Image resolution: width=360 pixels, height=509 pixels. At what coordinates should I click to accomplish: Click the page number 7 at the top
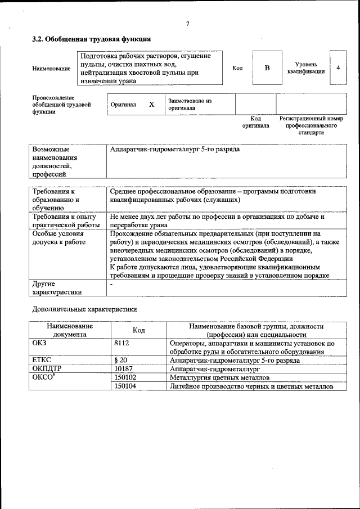(187, 24)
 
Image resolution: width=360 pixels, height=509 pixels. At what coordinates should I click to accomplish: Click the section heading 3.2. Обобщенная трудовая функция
(91, 39)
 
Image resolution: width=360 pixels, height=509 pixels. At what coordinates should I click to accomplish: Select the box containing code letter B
(267, 68)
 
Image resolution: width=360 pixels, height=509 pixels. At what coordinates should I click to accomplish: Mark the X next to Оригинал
(151, 105)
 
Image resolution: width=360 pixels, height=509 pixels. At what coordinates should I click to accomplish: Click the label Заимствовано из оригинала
(190, 105)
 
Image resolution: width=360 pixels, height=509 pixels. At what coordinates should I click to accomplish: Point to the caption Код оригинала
(255, 122)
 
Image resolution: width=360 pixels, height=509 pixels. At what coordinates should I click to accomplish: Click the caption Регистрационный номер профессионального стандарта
(311, 126)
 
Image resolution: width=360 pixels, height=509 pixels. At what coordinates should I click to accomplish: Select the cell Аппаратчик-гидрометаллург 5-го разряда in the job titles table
(175, 150)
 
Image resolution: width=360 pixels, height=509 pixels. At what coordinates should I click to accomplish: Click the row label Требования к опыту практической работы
(64, 220)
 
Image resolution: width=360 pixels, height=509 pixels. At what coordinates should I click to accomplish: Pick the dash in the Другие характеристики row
(112, 285)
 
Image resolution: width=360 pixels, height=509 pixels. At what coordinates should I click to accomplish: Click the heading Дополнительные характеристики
(84, 309)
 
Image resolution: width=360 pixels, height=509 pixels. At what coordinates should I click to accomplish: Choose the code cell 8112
(121, 343)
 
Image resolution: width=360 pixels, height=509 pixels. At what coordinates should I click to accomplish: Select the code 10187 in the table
(123, 368)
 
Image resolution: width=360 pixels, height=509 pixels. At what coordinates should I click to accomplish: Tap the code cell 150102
(125, 377)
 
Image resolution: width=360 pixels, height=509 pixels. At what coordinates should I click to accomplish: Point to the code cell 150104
(125, 386)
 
